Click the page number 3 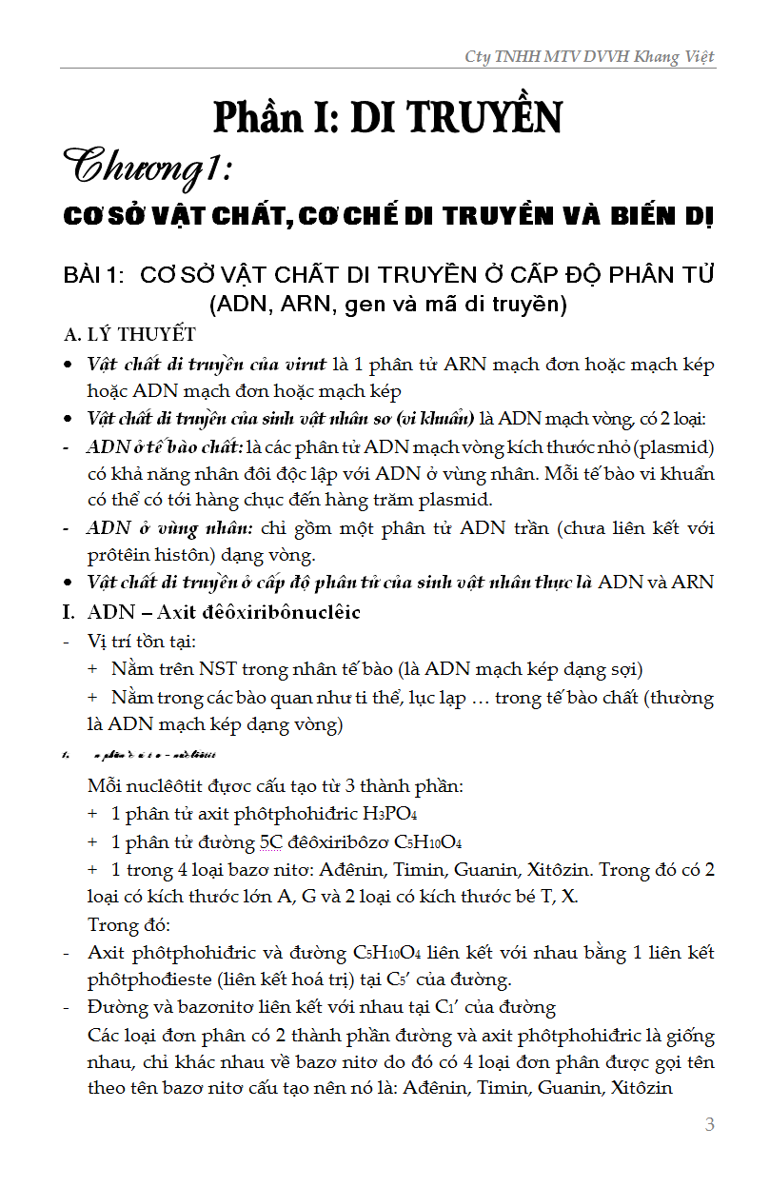coord(709,1124)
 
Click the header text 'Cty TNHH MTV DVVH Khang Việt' coord(589,57)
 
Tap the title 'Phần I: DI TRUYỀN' coord(387,116)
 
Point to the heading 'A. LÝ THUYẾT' coord(129,334)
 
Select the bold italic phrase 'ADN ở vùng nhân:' coord(170,528)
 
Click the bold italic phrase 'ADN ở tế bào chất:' coord(165,447)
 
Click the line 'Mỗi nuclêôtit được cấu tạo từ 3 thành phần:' coord(275,787)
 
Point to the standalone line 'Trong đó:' coord(128,925)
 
